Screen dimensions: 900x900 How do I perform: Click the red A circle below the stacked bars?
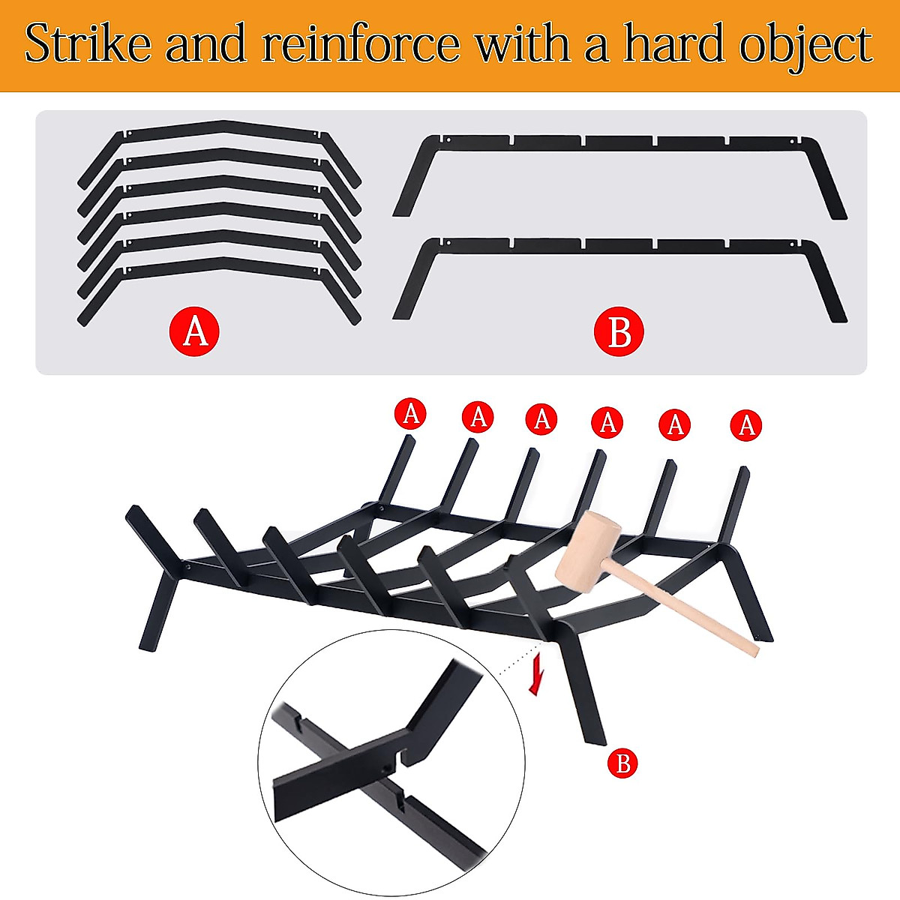pyautogui.click(x=195, y=330)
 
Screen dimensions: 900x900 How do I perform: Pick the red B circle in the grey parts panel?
pyautogui.click(x=619, y=331)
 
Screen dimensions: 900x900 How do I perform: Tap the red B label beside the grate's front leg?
pyautogui.click(x=622, y=763)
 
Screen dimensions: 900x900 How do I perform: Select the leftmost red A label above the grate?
pyautogui.click(x=410, y=413)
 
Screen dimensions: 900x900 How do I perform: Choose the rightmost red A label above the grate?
pyautogui.click(x=746, y=425)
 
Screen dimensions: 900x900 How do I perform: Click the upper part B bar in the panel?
pyautogui.click(x=619, y=141)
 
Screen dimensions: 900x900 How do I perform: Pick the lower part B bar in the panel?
pyautogui.click(x=619, y=244)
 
